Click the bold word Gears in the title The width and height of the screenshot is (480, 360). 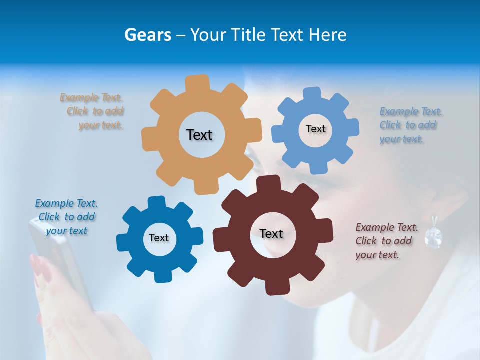tap(148, 35)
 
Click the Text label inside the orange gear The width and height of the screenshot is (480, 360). tap(199, 135)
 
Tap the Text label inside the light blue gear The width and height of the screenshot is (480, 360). tap(315, 129)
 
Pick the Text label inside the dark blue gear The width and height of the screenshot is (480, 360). tap(159, 238)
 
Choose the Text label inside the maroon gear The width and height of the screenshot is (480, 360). tap(271, 233)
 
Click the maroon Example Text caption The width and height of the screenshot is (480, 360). tap(386, 241)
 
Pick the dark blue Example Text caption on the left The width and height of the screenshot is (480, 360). tap(66, 217)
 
